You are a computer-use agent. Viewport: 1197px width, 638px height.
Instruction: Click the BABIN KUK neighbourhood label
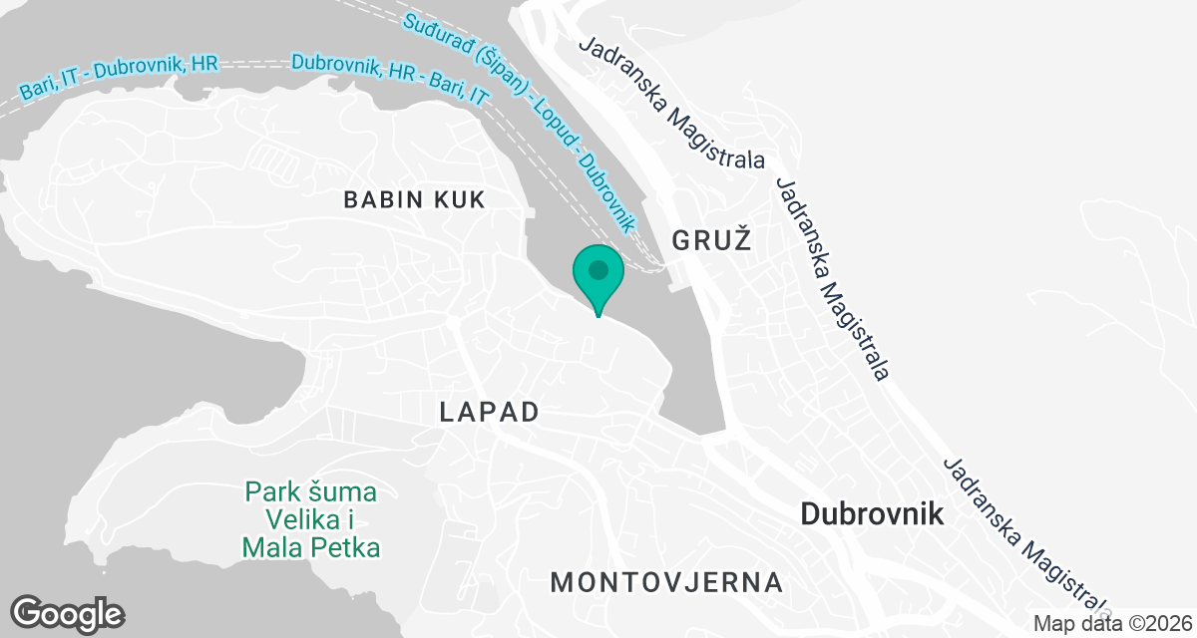pyautogui.click(x=414, y=199)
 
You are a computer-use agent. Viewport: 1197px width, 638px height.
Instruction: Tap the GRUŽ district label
pyautogui.click(x=710, y=239)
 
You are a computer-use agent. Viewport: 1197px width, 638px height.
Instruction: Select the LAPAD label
pyautogui.click(x=490, y=412)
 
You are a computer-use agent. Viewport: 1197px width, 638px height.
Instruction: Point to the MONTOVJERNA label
pyautogui.click(x=666, y=581)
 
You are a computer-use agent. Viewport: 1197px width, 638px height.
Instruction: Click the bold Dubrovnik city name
pyautogui.click(x=872, y=513)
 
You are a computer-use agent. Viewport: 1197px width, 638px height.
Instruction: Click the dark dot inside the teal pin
pyautogui.click(x=598, y=269)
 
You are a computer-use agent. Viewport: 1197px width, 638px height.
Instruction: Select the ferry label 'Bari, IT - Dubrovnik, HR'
pyautogui.click(x=119, y=79)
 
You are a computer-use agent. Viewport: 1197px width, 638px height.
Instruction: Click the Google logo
pyautogui.click(x=68, y=613)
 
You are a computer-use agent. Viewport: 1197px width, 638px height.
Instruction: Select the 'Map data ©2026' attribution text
pyautogui.click(x=1111, y=623)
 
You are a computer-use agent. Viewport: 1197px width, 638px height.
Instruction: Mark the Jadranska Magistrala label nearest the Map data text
pyautogui.click(x=1027, y=538)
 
